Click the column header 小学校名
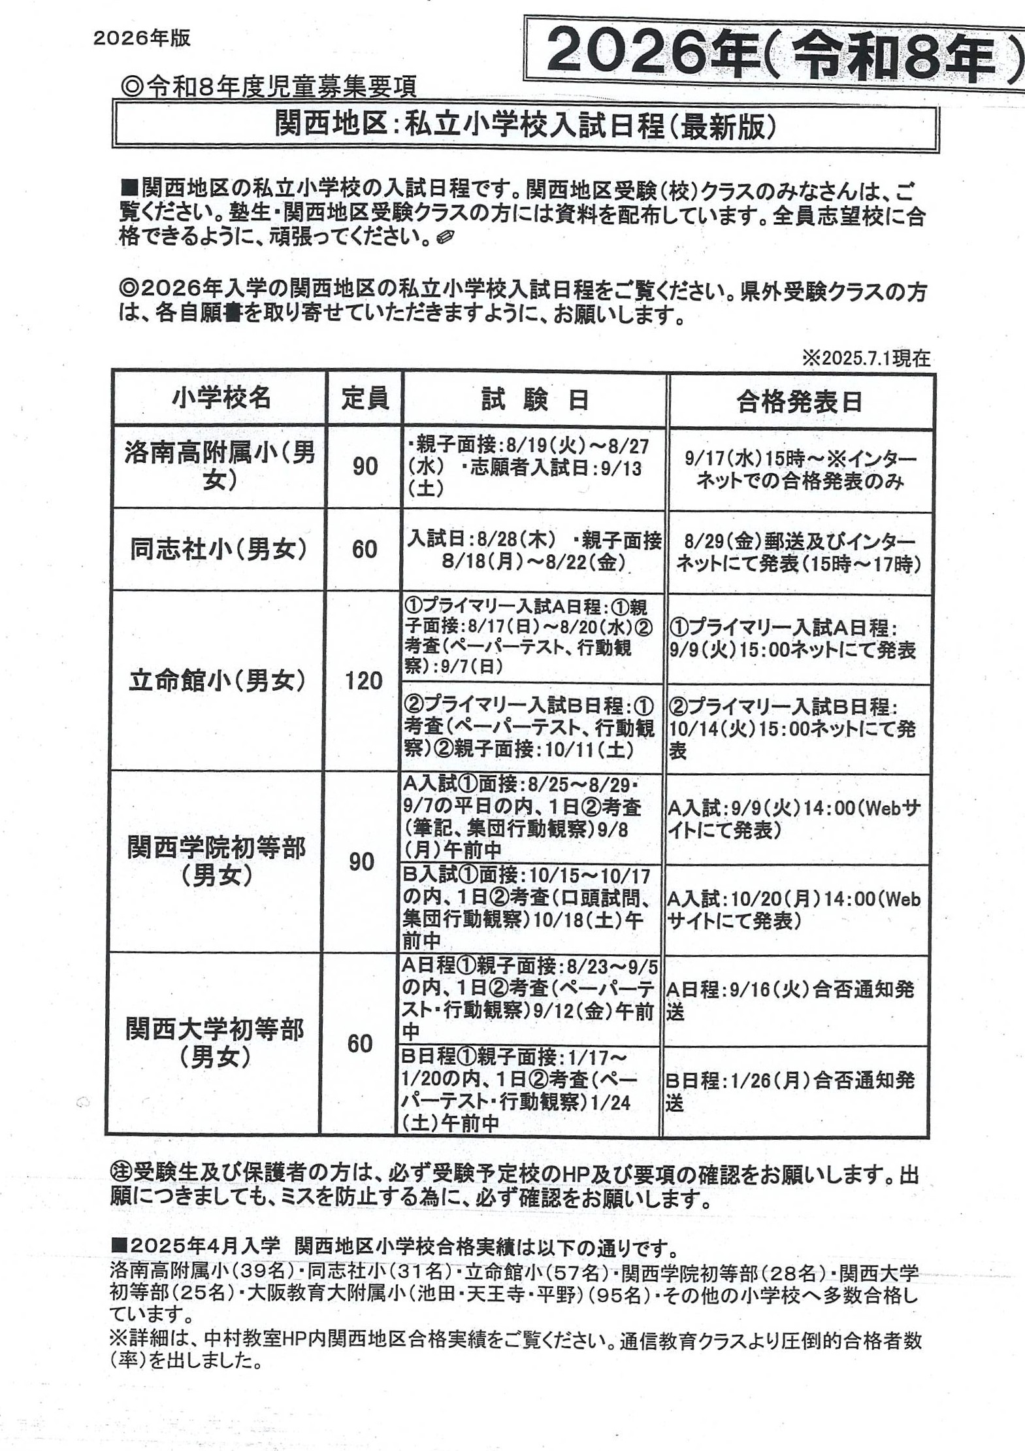click(220, 398)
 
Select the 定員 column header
click(365, 398)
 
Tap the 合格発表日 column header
click(800, 402)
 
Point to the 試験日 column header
click(534, 399)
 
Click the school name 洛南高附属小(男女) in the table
click(220, 466)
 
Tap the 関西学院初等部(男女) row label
click(216, 861)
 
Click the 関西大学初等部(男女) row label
click(215, 1043)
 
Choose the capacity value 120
click(363, 681)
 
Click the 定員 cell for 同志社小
click(364, 549)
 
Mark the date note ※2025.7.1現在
click(866, 358)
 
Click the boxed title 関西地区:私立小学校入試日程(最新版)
click(525, 127)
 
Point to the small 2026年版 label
click(142, 39)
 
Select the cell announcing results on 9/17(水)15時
click(800, 470)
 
